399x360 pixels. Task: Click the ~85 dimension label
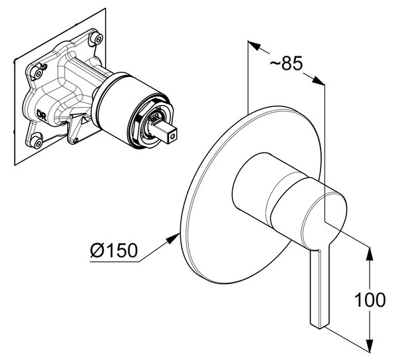click(286, 63)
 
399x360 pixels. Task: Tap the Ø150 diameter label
click(114, 250)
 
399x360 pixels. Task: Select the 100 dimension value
click(370, 300)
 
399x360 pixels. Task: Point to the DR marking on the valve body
click(41, 115)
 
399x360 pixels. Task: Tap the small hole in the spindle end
click(173, 137)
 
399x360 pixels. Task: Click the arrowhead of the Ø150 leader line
click(174, 238)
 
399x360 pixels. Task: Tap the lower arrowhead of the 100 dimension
click(370, 345)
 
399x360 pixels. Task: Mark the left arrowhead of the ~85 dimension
click(254, 45)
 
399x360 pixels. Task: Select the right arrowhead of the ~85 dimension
click(318, 81)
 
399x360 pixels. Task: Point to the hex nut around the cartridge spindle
click(153, 122)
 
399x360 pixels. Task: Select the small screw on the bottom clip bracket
click(75, 140)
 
